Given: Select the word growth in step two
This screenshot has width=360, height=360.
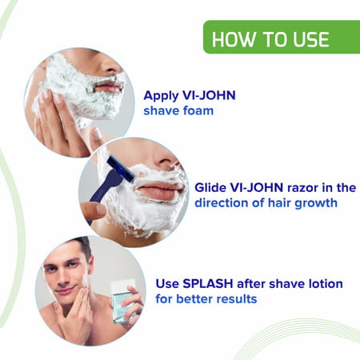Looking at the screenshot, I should coord(315,202).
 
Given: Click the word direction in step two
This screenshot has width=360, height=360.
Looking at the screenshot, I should coord(221,202).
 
